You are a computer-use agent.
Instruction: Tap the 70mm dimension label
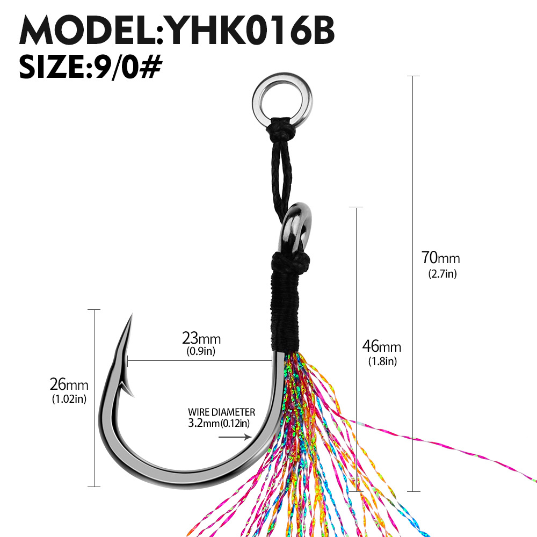440,258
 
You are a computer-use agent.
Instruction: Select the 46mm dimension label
382,346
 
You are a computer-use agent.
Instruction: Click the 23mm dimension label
201,338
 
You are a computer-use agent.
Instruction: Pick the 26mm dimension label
69,384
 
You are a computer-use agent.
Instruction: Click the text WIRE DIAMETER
221,412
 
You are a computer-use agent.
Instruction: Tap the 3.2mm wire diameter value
204,423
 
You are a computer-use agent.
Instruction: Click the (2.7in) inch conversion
442,274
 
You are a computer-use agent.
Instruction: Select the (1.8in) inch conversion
382,361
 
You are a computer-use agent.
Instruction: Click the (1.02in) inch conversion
69,399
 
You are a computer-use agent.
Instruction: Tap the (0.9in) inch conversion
201,352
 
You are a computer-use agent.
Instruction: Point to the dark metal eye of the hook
297,226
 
